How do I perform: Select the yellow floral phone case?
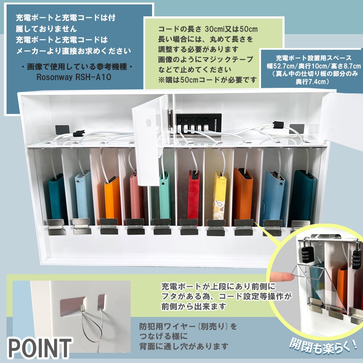(x=219, y=196)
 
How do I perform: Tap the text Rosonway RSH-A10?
(x=74, y=77)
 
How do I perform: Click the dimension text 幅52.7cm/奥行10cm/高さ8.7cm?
(x=314, y=66)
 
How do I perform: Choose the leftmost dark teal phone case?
(x=57, y=199)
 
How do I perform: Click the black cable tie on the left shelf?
(x=79, y=134)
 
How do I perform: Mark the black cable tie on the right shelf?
(x=278, y=125)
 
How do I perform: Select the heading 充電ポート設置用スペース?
(x=314, y=58)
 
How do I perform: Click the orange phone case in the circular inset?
(x=343, y=287)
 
